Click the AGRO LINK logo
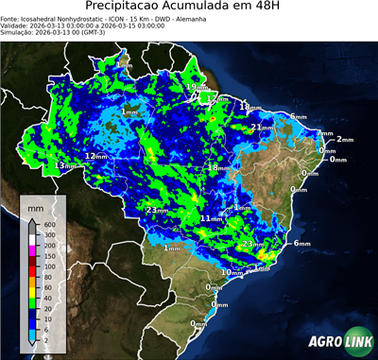[x=338, y=341]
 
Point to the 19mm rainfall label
[x=193, y=87]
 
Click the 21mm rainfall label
[x=262, y=127]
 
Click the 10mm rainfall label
[x=231, y=272]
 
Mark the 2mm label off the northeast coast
[x=344, y=139]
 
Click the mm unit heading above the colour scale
[x=36, y=207]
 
